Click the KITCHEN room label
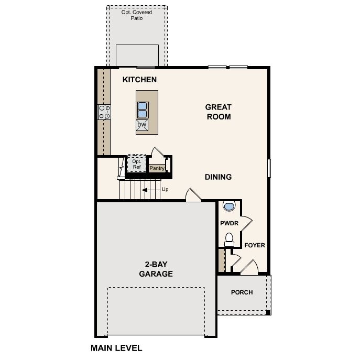pyautogui.click(x=139, y=80)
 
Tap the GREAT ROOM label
pyautogui.click(x=219, y=112)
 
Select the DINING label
pyautogui.click(x=218, y=177)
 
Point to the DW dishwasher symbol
pyautogui.click(x=142, y=125)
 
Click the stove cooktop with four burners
pyautogui.click(x=104, y=112)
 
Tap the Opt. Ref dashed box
pyautogui.click(x=137, y=163)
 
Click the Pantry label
pyautogui.click(x=157, y=168)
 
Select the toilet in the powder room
pyautogui.click(x=229, y=239)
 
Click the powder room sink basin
pyautogui.click(x=229, y=206)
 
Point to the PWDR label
pyautogui.click(x=229, y=223)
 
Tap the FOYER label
pyautogui.click(x=255, y=245)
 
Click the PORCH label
pyautogui.click(x=242, y=292)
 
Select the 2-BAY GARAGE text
pyautogui.click(x=156, y=269)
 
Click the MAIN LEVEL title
pyautogui.click(x=116, y=348)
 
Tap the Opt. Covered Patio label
pyautogui.click(x=137, y=15)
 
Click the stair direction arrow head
pyautogui.click(x=145, y=190)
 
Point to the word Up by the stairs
pyautogui.click(x=165, y=189)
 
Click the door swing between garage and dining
pyautogui.click(x=193, y=195)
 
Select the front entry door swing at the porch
pyautogui.click(x=249, y=267)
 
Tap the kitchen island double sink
pyautogui.click(x=142, y=110)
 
